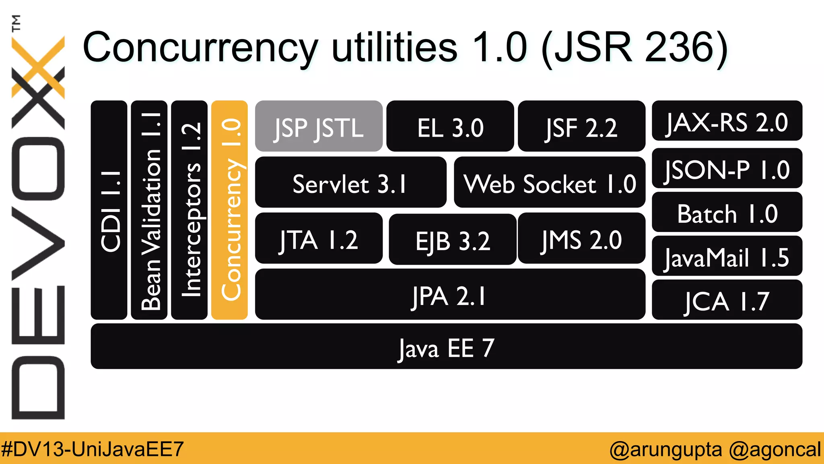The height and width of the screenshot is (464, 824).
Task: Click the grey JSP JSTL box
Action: click(319, 126)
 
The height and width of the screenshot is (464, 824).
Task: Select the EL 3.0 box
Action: click(450, 126)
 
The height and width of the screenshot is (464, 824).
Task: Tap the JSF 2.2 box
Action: click(581, 126)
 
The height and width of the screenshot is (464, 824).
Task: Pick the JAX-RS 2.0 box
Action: click(727, 121)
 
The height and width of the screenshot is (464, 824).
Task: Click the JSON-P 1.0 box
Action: click(727, 168)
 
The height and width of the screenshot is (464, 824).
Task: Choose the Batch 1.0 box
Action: click(727, 212)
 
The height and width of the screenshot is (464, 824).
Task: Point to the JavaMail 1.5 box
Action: click(727, 256)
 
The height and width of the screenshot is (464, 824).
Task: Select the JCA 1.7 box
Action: click(727, 300)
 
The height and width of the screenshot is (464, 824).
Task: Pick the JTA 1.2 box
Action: click(319, 238)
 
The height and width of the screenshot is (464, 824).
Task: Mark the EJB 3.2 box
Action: click(453, 240)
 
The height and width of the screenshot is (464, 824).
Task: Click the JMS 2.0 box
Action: click(581, 238)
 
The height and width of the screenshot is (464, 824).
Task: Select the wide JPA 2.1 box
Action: click(450, 294)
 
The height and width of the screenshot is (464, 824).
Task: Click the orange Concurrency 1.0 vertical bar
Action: click(229, 210)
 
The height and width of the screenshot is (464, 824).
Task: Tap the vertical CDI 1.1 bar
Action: click(109, 210)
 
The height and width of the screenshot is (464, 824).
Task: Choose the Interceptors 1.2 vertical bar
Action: click(190, 210)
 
